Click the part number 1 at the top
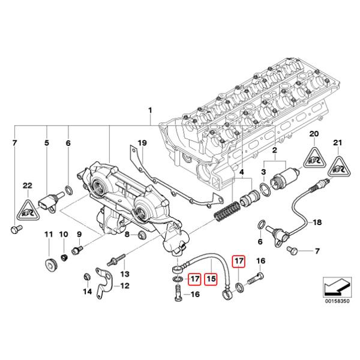(x=151, y=111)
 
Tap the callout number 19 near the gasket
(x=142, y=143)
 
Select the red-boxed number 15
(x=210, y=278)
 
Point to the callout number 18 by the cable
(x=317, y=222)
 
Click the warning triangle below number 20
(x=313, y=157)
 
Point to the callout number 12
(x=124, y=286)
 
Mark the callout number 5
(x=47, y=143)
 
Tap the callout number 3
(x=262, y=173)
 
